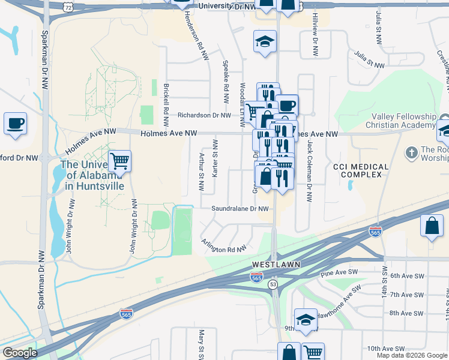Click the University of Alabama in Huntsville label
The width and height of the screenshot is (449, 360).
[x=91, y=175]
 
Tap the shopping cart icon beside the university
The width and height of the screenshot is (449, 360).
[x=119, y=161]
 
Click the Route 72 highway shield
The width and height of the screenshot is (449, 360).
[x=70, y=6]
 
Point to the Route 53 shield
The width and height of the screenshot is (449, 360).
[x=273, y=283]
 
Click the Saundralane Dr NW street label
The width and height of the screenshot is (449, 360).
[x=239, y=209]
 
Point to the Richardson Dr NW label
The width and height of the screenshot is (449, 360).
[x=203, y=115]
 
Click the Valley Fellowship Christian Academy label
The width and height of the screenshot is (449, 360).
[x=403, y=120]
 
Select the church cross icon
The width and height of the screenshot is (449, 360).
[x=412, y=152]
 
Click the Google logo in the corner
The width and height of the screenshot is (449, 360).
[x=20, y=353]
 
